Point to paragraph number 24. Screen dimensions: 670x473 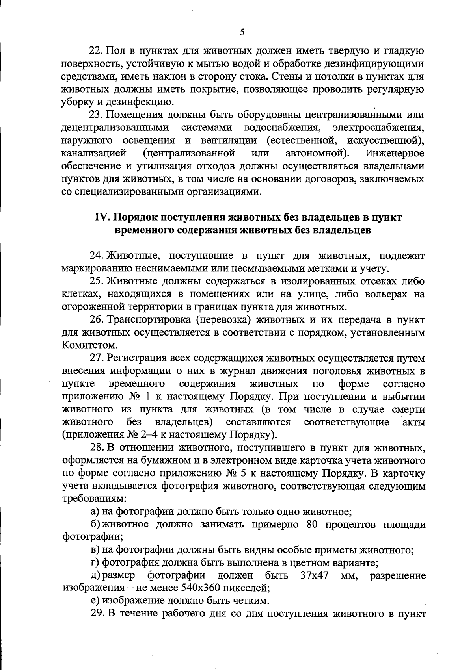coord(96,256)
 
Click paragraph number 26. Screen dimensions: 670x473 coord(96,320)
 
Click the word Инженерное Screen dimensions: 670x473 coord(395,153)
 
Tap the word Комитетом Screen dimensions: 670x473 coord(84,345)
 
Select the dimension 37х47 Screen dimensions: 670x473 coord(315,576)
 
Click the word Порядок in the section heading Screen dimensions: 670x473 coord(137,217)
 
